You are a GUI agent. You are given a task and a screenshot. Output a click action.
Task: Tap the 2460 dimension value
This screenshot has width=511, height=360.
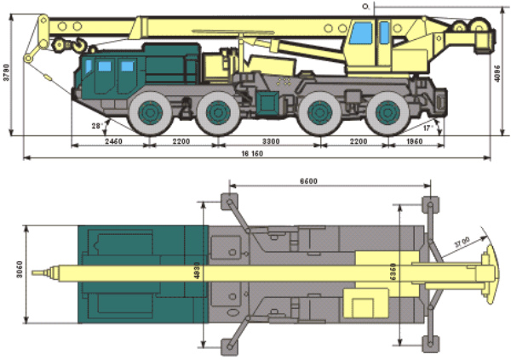[x=112, y=141]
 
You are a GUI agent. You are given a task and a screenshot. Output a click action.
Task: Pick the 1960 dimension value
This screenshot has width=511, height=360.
[x=416, y=141]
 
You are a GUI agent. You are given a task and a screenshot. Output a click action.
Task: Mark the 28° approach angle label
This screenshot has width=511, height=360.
[x=99, y=125]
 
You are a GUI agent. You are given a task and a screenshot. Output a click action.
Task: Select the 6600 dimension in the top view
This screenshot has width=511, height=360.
[x=309, y=180]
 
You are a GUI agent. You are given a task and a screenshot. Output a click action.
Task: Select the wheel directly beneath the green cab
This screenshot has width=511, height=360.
[x=150, y=112]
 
